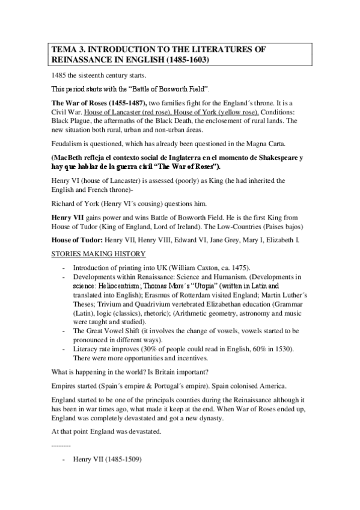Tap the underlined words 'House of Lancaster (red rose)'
click(x=134, y=112)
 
